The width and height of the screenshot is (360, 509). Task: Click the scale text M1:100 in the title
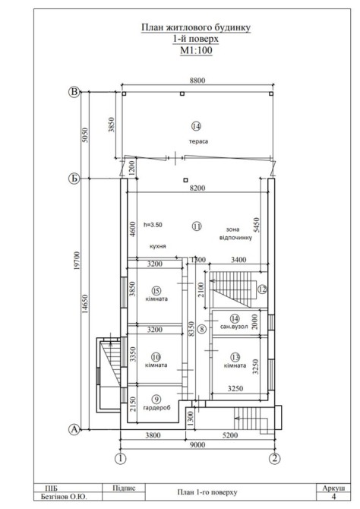[196, 50]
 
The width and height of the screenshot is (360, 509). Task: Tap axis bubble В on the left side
[74, 92]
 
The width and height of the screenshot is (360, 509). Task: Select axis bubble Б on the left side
[74, 179]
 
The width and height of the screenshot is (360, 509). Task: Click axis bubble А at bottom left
[74, 429]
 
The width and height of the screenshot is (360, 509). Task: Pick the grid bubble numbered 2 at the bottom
[275, 459]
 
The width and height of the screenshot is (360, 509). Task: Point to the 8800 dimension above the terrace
[197, 81]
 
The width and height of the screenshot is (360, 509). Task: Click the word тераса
[198, 141]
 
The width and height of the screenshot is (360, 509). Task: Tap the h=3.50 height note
[153, 225]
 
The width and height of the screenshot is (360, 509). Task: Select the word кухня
[158, 246]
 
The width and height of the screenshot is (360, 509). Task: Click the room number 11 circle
[197, 226]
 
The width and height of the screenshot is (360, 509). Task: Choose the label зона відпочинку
[235, 233]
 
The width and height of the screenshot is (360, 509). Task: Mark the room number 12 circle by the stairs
[262, 289]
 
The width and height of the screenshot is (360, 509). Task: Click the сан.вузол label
[234, 327]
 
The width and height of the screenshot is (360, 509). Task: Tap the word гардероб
[156, 408]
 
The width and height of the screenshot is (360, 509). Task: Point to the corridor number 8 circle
[202, 329]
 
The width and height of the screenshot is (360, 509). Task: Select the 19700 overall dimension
[77, 261]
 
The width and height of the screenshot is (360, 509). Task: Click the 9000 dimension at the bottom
[197, 444]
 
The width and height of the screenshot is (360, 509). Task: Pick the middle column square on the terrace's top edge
[182, 93]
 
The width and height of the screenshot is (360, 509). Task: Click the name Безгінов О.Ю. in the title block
[64, 497]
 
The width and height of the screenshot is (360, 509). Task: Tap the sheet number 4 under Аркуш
[333, 496]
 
